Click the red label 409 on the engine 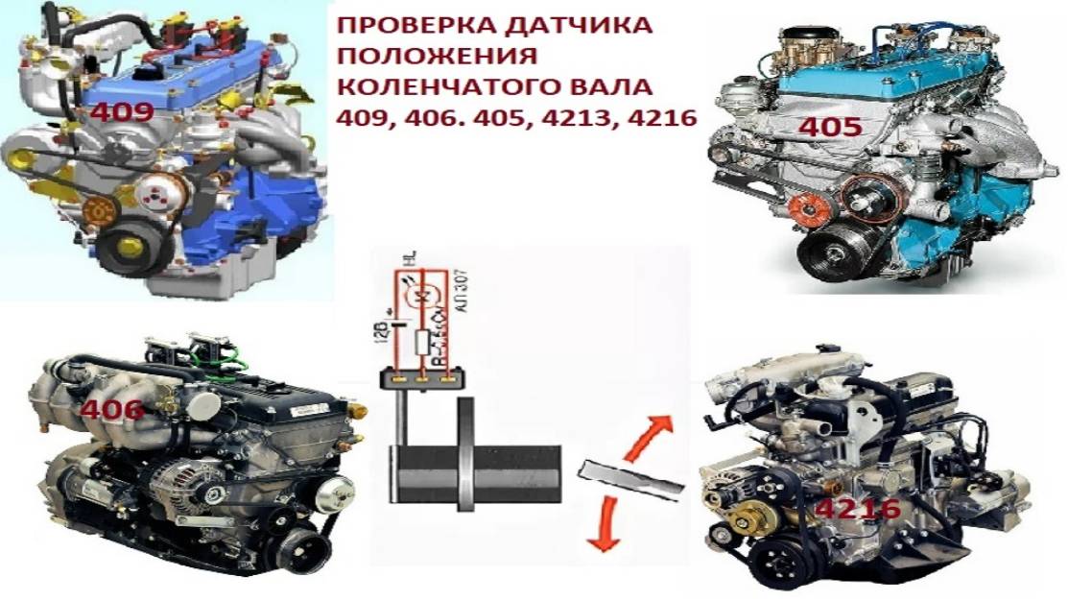click(122, 111)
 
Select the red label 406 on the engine click(111, 410)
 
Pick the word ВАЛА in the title click(617, 87)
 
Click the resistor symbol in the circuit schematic click(420, 340)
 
